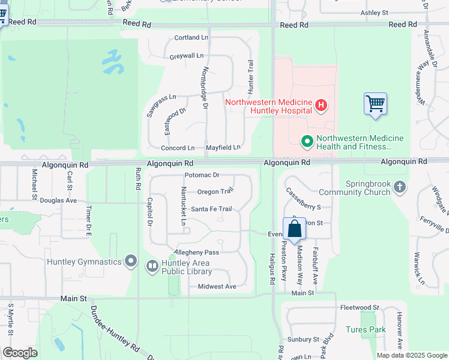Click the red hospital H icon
click(321, 106)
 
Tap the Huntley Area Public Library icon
click(152, 265)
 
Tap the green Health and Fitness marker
click(307, 142)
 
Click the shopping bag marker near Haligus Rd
click(294, 229)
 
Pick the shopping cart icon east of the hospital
click(375, 103)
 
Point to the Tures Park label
click(366, 329)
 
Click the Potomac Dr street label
click(202, 175)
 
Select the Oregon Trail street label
click(215, 192)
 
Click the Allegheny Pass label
click(196, 253)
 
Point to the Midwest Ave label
click(217, 287)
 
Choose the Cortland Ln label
click(191, 38)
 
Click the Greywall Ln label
click(187, 56)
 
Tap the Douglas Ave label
click(58, 200)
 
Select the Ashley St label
click(375, 13)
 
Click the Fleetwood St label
click(359, 307)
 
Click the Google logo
click(20, 353)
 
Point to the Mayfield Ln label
click(223, 148)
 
